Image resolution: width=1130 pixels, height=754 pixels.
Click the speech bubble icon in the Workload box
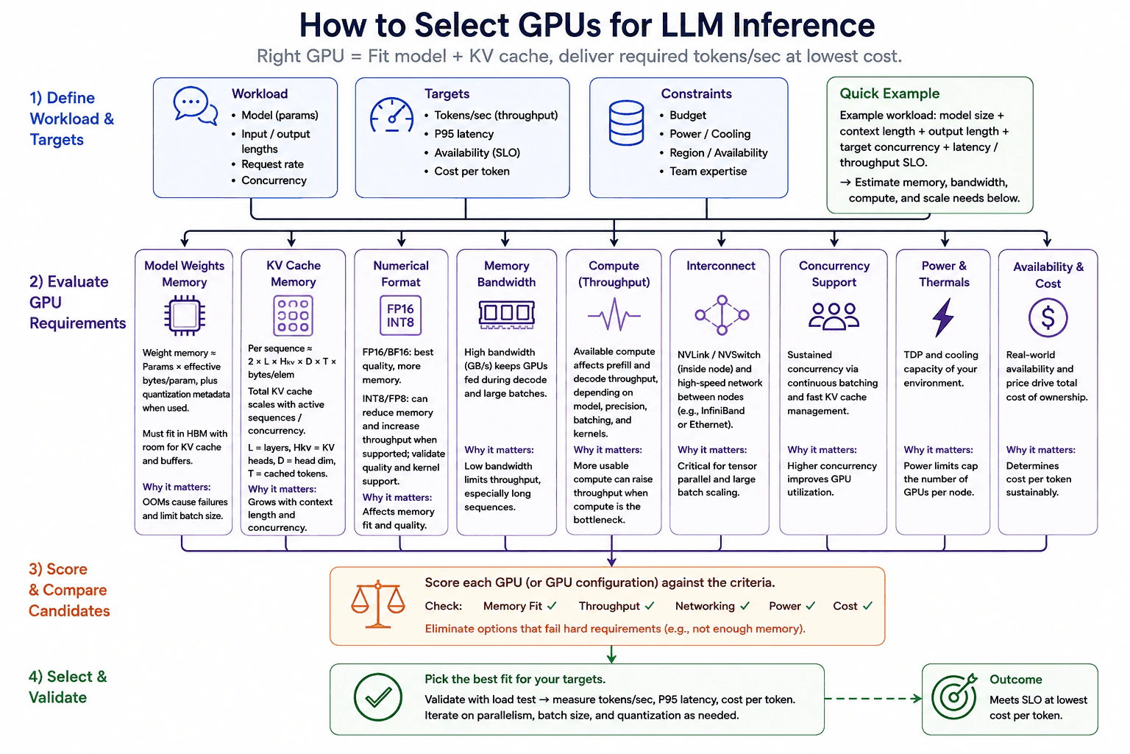(195, 105)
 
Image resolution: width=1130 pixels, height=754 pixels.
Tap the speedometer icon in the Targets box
(391, 115)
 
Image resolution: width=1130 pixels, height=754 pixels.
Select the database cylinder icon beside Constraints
(626, 123)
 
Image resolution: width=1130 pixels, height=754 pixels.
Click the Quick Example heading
(889, 94)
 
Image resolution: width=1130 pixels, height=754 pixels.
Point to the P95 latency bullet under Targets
(463, 134)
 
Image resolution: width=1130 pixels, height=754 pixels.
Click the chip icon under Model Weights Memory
(185, 316)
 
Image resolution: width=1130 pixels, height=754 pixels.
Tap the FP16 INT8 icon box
(400, 316)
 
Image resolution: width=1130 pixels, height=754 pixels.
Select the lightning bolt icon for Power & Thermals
(943, 317)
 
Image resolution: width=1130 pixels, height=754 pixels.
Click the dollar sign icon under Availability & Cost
(1048, 317)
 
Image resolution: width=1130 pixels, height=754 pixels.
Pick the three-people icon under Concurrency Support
(834, 316)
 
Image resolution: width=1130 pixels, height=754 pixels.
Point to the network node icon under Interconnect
(722, 315)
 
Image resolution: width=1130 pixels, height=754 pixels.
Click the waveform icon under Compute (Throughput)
(614, 315)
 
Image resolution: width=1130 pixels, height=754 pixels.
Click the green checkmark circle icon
(378, 697)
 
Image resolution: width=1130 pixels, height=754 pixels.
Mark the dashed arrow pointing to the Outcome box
(873, 699)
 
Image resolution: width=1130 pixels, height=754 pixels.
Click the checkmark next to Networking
(745, 605)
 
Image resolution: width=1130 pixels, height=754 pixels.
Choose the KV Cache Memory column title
(294, 274)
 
